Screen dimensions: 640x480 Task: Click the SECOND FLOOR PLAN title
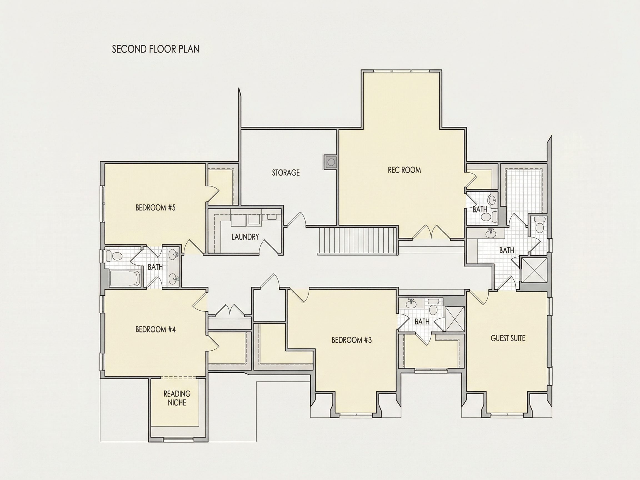click(156, 49)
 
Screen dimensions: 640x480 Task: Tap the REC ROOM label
click(404, 170)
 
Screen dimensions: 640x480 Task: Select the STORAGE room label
click(286, 173)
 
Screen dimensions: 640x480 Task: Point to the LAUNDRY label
click(245, 237)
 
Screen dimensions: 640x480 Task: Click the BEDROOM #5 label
click(155, 207)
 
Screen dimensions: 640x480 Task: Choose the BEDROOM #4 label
click(155, 329)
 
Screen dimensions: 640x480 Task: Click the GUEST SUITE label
click(508, 338)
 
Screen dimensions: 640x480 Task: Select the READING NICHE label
click(177, 398)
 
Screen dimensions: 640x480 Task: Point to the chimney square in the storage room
click(330, 162)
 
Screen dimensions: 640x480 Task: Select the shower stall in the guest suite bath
click(534, 269)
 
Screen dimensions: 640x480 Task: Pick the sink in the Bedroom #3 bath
click(410, 304)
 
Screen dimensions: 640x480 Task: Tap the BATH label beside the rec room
click(480, 209)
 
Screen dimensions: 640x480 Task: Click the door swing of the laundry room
click(269, 246)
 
